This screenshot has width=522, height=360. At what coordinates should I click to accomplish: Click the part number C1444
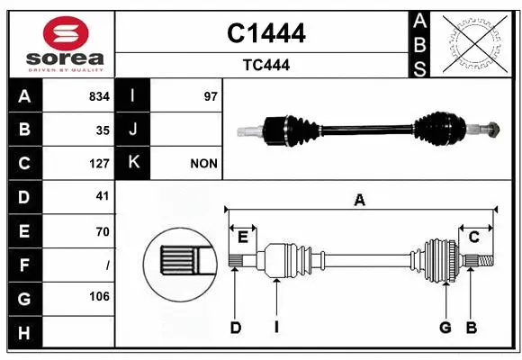pos(265,33)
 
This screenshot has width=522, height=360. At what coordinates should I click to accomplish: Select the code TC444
pos(265,65)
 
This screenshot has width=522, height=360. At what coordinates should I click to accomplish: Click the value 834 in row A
pos(98,96)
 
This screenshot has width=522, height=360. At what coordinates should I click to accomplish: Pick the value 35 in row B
pos(102,130)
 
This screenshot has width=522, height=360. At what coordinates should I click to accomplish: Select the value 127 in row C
pos(98,164)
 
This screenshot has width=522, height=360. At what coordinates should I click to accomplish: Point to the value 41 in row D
pos(102,196)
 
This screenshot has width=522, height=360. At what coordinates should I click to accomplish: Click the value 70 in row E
pos(102,231)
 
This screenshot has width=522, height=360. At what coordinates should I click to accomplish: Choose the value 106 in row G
pos(98,297)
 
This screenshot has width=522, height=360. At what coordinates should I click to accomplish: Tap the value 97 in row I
pos(211,96)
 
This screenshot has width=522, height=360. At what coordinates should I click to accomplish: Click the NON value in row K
pos(203,164)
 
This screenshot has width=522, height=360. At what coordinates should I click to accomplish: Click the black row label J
pos(132,130)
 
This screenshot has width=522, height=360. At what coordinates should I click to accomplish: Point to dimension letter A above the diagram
pos(359,201)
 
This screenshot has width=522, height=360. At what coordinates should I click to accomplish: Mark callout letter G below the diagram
pos(445,328)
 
